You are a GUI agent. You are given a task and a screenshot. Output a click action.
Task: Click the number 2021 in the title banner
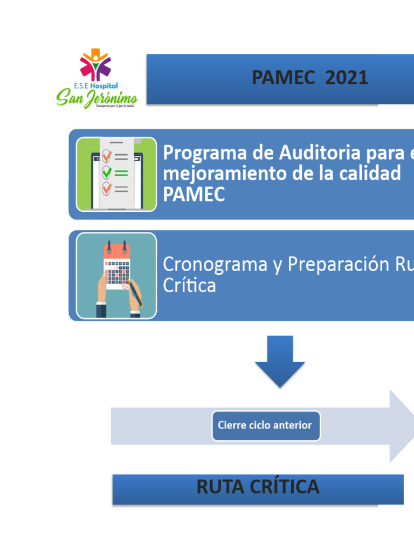pyautogui.click(x=347, y=78)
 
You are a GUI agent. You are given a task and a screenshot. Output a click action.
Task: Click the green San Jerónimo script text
pyautogui.click(x=97, y=98)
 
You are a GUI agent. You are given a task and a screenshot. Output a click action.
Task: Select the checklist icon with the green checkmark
pyautogui.click(x=116, y=174)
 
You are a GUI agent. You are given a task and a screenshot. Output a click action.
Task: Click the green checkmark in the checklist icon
pyautogui.click(x=107, y=172)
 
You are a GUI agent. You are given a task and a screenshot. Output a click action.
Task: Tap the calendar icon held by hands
pyautogui.click(x=116, y=275)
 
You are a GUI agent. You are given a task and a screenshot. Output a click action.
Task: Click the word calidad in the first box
pyautogui.click(x=369, y=174)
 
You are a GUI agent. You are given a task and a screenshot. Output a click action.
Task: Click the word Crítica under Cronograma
pyautogui.click(x=189, y=286)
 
